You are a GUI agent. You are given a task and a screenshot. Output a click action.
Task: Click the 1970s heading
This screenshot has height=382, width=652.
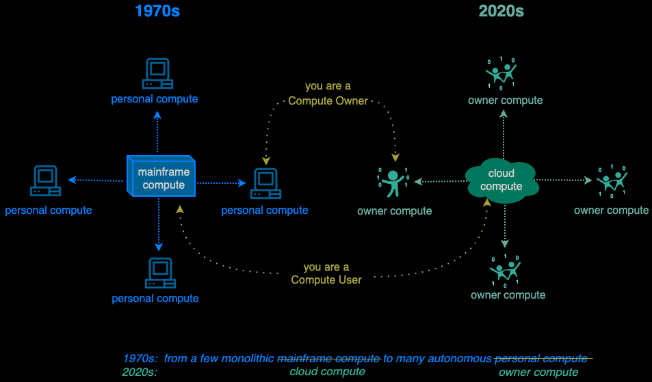(x=157, y=11)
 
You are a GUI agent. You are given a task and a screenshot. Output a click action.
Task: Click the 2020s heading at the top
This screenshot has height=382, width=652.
(x=501, y=11)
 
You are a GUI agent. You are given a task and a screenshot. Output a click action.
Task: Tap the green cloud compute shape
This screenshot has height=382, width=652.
(x=501, y=180)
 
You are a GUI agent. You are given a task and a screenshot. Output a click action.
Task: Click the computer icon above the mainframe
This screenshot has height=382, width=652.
(x=157, y=74)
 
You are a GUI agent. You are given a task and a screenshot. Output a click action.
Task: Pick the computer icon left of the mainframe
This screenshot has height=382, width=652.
(x=46, y=181)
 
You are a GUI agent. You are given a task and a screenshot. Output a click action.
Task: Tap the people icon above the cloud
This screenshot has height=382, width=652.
(x=501, y=73)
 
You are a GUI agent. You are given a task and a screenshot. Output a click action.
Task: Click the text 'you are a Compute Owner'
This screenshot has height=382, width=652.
(x=328, y=94)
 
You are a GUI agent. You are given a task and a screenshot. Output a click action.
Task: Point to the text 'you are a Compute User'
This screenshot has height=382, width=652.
(x=326, y=273)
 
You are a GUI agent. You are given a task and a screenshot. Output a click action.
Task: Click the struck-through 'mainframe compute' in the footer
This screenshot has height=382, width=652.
(x=328, y=358)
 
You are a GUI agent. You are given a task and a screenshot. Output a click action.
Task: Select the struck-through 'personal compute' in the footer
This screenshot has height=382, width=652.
(x=540, y=358)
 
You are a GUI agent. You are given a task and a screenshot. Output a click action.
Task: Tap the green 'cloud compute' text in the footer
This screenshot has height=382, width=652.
(x=328, y=372)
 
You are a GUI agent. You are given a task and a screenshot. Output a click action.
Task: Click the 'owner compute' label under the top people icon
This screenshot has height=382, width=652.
(x=505, y=100)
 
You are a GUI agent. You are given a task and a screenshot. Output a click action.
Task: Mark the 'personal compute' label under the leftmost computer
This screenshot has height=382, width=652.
(x=49, y=210)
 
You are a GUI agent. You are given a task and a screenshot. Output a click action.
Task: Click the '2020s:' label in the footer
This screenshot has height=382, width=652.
(x=140, y=372)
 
